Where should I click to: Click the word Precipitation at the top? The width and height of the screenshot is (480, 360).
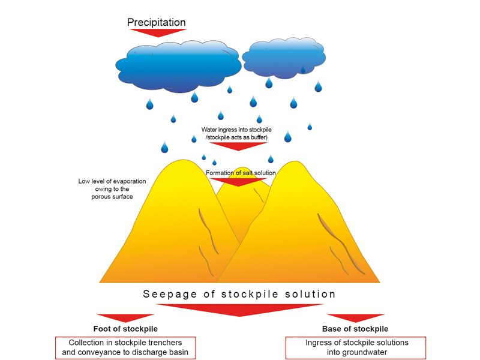pos(157,22)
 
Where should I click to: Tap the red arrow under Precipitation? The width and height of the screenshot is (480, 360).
pos(157,32)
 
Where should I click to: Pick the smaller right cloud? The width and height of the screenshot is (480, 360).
pos(287,59)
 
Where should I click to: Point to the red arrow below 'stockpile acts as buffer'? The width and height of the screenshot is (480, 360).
pos(238,146)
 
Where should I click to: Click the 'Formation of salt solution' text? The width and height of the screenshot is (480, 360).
pos(241,173)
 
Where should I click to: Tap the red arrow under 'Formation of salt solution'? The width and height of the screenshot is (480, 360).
pos(238,181)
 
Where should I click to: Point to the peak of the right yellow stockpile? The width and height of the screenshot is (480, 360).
pos(294,163)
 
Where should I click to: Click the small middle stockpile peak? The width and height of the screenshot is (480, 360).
pos(242,169)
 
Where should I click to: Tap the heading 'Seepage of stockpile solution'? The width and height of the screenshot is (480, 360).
pos(239,294)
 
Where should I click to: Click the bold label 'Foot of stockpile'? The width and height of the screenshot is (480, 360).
pos(125,329)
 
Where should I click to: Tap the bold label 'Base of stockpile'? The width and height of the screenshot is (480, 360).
pos(355,329)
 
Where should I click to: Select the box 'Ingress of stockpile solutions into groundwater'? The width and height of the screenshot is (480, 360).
pos(355,347)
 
